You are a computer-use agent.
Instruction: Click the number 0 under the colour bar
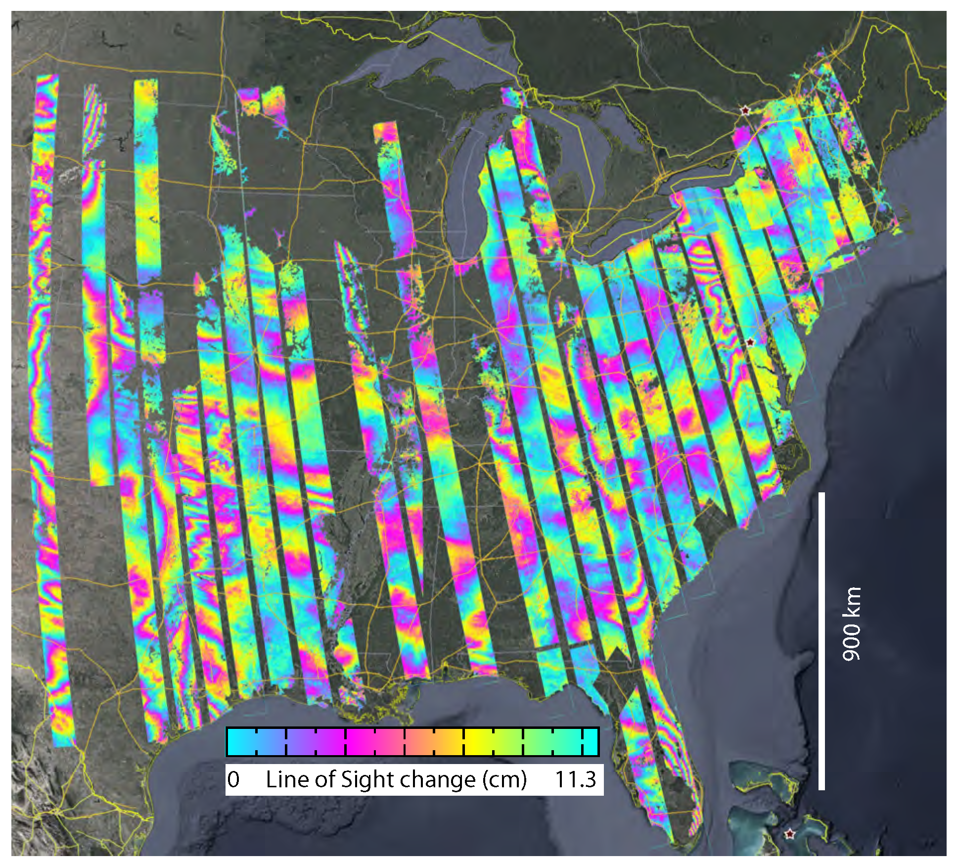coord(233,780)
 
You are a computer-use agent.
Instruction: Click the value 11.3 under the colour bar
coord(575,780)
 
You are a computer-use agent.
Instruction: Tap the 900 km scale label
coord(851,624)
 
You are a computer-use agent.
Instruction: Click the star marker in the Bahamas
coord(790,834)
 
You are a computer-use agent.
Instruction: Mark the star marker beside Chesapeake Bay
coord(750,342)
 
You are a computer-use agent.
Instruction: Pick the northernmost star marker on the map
coord(744,110)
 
